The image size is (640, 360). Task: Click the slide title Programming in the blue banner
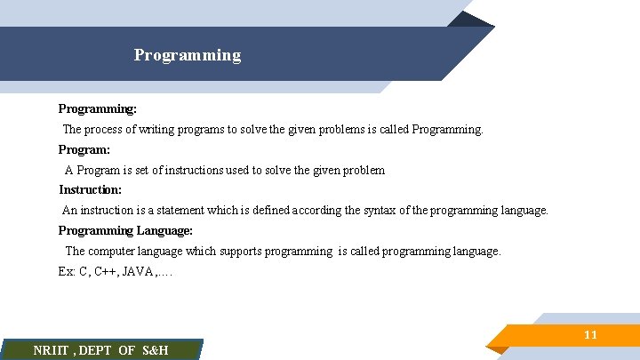(x=188, y=55)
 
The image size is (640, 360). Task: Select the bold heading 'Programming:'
(x=98, y=108)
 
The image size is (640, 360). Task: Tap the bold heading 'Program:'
(x=84, y=149)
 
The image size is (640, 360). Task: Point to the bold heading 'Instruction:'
(x=91, y=189)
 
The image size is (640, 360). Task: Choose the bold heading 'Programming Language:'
(x=125, y=230)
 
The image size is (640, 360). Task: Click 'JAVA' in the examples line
(x=135, y=272)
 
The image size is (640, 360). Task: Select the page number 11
(x=590, y=335)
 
